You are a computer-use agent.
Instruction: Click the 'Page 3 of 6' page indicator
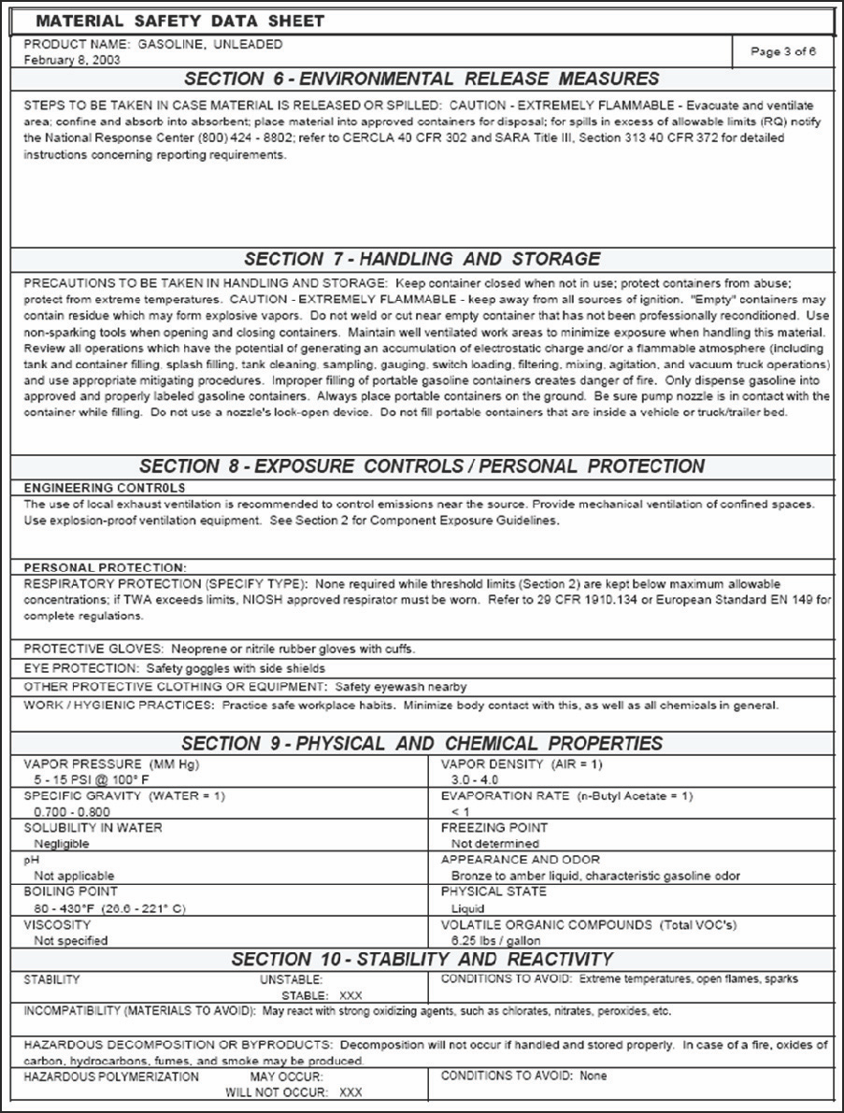point(783,51)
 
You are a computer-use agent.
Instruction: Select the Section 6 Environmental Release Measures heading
point(422,78)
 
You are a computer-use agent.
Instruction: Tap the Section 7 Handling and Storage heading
point(422,259)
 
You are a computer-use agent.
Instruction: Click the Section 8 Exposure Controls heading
point(422,466)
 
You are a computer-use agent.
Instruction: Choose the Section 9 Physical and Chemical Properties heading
point(422,744)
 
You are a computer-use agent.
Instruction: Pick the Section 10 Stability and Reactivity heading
point(422,960)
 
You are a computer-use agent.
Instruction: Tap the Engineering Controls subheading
point(104,488)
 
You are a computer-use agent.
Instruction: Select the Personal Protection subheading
point(105,567)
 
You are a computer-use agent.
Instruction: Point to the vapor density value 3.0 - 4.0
point(474,779)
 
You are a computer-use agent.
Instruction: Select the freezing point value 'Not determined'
point(494,844)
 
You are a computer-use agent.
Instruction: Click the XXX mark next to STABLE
point(350,995)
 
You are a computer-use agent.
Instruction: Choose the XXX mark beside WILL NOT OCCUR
point(350,1092)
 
